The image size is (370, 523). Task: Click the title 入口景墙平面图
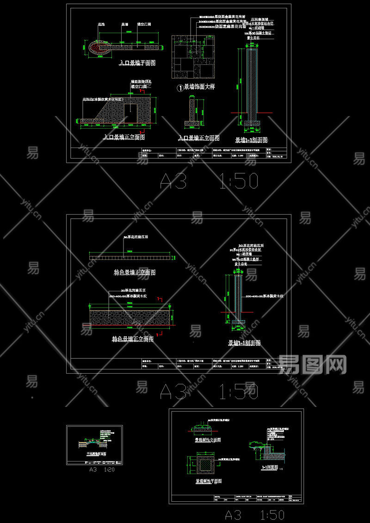tap(137, 63)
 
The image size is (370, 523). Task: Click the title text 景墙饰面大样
tap(199, 86)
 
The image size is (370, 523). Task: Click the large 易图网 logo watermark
tap(313, 365)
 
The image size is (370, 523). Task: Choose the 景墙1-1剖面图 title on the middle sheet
tap(244, 343)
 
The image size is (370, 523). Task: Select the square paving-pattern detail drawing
tap(194, 56)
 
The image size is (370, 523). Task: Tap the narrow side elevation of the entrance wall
tap(193, 113)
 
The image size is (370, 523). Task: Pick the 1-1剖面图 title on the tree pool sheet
tap(270, 468)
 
